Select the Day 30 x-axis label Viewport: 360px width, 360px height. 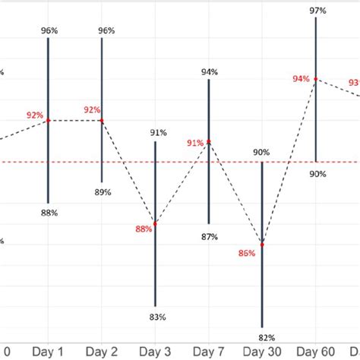(x=262, y=352)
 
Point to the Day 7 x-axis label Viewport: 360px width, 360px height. (x=208, y=352)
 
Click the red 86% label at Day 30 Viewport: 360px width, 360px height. (x=247, y=254)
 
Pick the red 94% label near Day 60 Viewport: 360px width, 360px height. (x=301, y=79)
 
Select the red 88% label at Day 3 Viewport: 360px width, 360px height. (x=144, y=229)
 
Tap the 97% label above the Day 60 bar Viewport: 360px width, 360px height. (x=317, y=11)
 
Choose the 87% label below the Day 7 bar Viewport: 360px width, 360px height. (x=210, y=237)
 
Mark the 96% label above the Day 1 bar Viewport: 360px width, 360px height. (x=49, y=30)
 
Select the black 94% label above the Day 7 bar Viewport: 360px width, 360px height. (x=210, y=71)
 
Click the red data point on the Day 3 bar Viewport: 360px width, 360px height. (x=155, y=224)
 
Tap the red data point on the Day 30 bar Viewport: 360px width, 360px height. (x=262, y=244)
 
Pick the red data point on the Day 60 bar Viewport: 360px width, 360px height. (x=316, y=78)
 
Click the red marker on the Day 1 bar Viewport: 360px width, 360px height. (x=48, y=120)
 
